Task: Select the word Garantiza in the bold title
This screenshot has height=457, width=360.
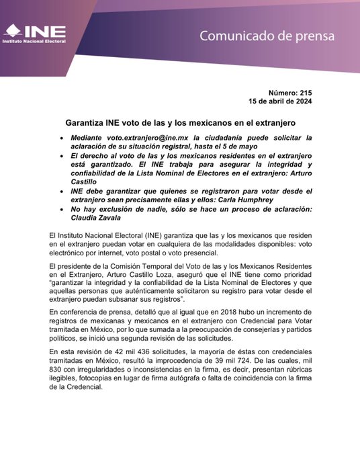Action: pos(84,124)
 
